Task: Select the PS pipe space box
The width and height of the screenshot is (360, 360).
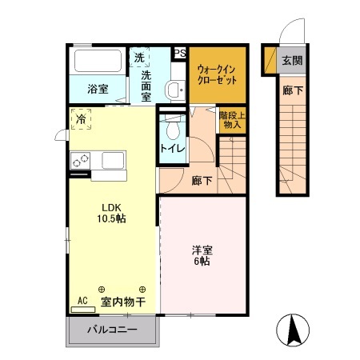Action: (x=181, y=54)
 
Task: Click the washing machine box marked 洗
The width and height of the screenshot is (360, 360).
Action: (x=140, y=58)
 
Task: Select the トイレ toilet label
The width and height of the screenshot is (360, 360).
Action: (x=172, y=148)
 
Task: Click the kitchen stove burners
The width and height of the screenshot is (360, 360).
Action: (x=80, y=160)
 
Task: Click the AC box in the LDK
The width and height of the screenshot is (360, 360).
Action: (x=81, y=302)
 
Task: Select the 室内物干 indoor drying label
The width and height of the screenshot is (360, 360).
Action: (x=122, y=302)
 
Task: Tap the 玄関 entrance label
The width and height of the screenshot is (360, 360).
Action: (x=291, y=61)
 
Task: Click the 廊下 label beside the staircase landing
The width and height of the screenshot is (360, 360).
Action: (x=202, y=181)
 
